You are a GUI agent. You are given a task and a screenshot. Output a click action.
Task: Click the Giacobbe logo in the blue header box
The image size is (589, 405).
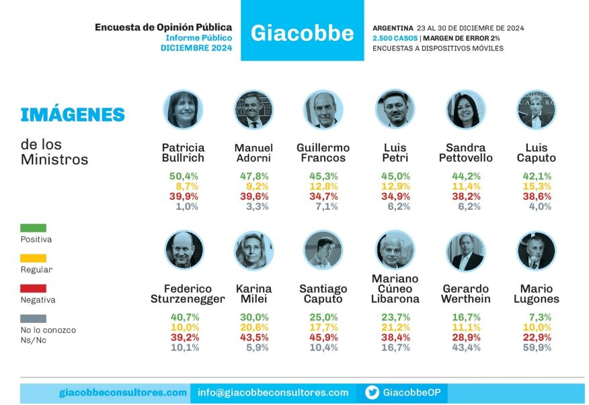click(x=302, y=32)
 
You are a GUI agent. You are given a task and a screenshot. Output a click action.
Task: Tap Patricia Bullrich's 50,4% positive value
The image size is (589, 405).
click(x=183, y=176)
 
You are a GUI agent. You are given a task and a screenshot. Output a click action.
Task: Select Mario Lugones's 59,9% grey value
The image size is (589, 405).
click(x=537, y=348)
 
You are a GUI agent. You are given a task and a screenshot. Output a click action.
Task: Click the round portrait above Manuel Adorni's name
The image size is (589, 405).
click(x=253, y=110)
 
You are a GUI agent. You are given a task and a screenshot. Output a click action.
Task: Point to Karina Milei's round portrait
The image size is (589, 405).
click(x=253, y=250)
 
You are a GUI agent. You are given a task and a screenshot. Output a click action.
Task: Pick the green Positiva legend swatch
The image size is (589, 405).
click(x=34, y=228)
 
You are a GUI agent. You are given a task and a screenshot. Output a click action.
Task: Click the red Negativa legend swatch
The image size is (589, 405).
click(x=34, y=289)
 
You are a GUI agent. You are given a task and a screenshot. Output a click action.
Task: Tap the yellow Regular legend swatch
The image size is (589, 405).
click(x=34, y=258)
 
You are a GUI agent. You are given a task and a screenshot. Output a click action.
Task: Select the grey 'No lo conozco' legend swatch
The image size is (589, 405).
click(x=34, y=319)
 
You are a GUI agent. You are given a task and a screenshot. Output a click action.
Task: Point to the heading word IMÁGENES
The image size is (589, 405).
click(x=73, y=115)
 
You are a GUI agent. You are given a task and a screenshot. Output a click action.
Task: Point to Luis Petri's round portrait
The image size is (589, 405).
click(x=394, y=110)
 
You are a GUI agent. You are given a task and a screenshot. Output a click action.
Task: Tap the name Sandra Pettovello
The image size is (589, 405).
click(x=465, y=153)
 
